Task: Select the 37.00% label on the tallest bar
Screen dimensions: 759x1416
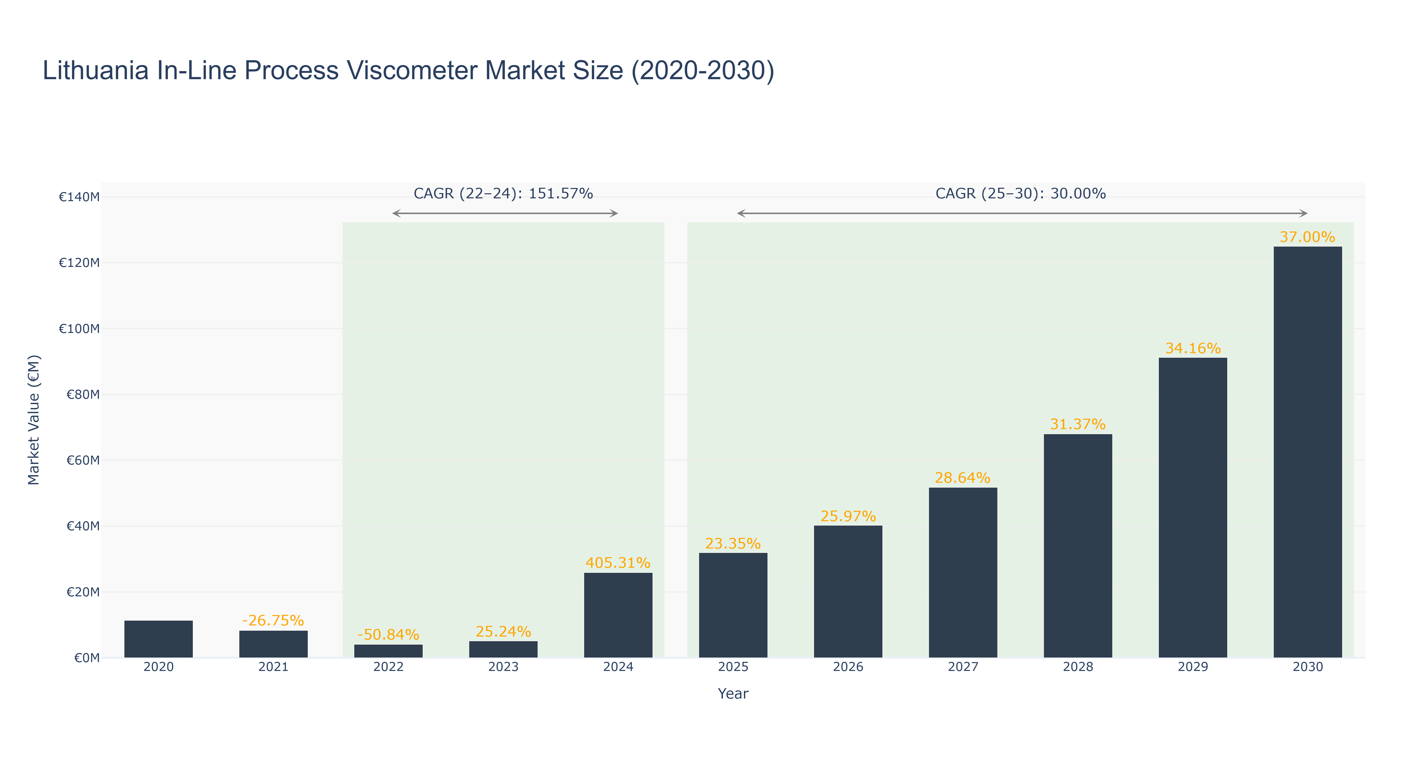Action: coord(1307,237)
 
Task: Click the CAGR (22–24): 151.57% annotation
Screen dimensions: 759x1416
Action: coord(503,194)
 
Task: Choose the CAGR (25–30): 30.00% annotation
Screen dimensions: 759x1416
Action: coord(1020,194)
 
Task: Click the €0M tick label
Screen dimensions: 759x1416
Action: coord(87,658)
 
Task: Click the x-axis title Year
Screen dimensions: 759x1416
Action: coord(733,693)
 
